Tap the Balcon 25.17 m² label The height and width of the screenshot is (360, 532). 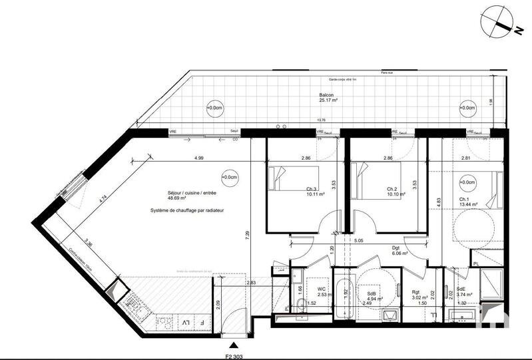[330, 98]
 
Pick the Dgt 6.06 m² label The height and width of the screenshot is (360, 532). [400, 250]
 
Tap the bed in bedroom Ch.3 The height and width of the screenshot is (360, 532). [283, 179]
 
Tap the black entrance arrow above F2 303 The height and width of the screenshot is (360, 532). [233, 344]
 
